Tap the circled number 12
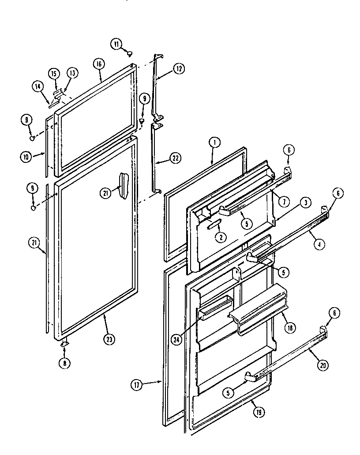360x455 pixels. pyautogui.click(x=179, y=68)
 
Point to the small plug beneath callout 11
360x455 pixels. pyautogui.click(x=130, y=53)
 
